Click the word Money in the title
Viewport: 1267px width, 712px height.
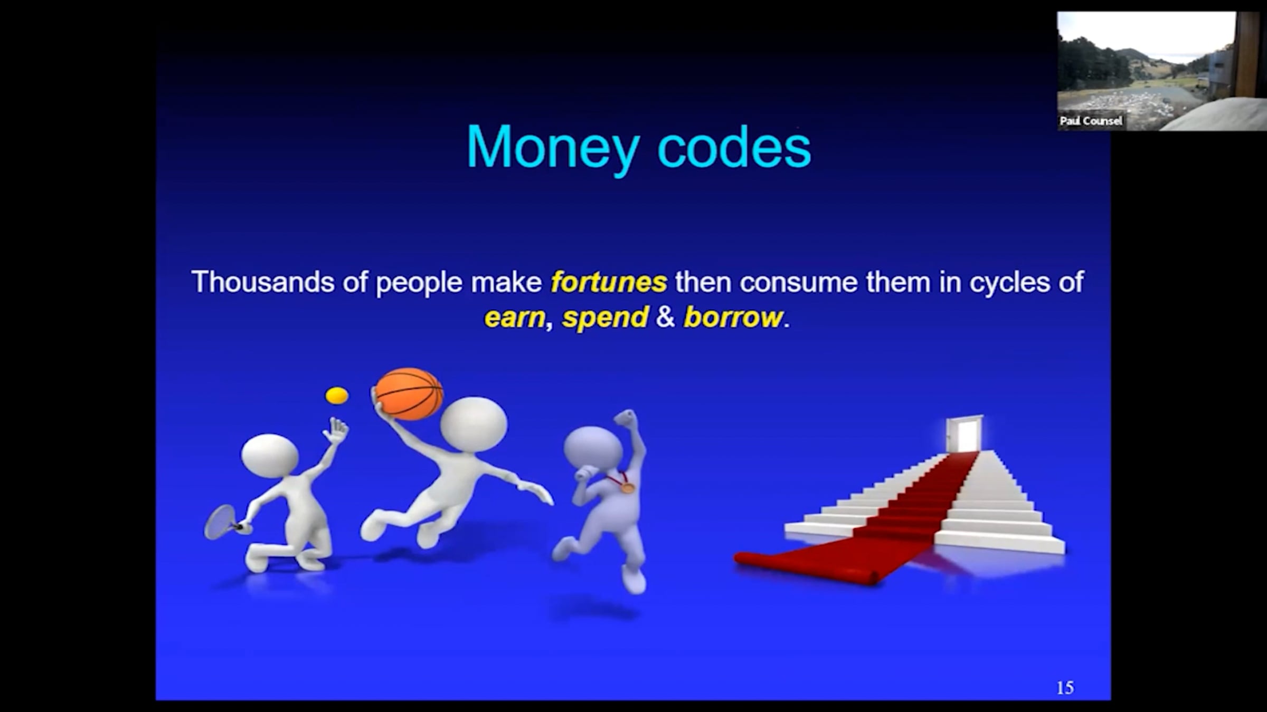553,148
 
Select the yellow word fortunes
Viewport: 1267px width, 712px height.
609,282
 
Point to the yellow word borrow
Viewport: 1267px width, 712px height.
733,317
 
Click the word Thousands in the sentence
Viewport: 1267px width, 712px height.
263,282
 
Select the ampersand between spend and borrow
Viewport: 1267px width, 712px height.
665,317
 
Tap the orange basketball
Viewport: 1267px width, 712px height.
409,394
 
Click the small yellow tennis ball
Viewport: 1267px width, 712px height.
337,395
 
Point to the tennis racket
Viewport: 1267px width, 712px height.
222,522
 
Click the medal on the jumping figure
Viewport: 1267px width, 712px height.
627,488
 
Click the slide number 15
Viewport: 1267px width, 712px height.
1065,687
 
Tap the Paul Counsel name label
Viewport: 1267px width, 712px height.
1091,121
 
